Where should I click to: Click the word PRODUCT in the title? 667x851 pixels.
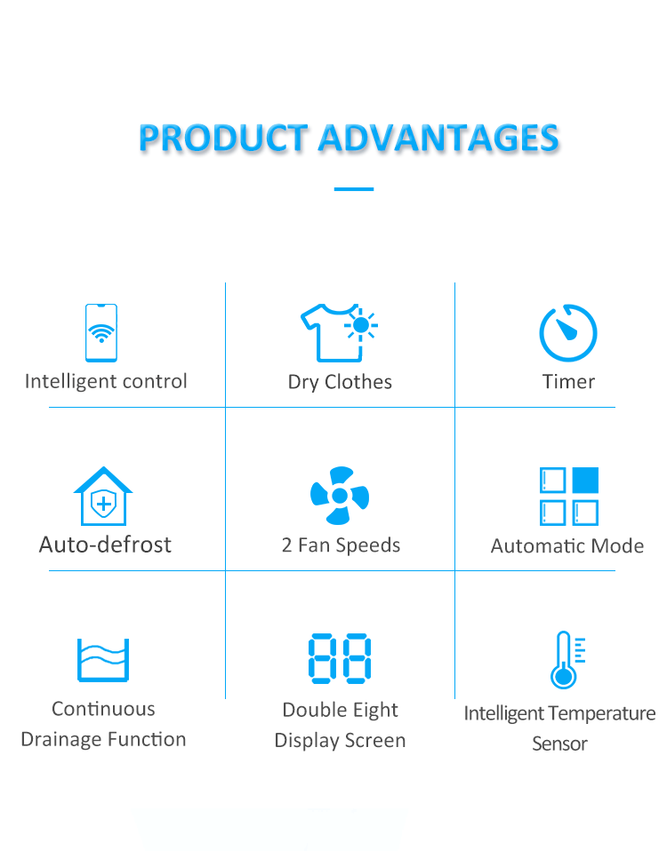pos(223,138)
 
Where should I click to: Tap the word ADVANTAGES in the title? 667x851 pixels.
pos(438,138)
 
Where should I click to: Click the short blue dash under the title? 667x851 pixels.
pos(354,189)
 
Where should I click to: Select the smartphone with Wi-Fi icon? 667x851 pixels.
pos(101,333)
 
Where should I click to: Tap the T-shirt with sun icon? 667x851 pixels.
pos(339,333)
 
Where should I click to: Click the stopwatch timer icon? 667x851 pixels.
pos(568,333)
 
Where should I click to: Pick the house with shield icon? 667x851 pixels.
pos(103,496)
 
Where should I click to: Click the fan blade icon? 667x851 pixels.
pos(340,496)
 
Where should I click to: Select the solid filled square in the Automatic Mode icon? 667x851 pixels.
pos(585,480)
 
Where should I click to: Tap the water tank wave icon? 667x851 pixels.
pos(103,660)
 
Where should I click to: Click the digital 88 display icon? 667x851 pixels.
pos(340,657)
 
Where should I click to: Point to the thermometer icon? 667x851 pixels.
pos(567,660)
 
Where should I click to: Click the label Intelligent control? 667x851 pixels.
pos(106,382)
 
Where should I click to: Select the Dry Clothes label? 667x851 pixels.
pos(340,382)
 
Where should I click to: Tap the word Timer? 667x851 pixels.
pos(568,382)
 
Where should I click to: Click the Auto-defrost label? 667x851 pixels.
pos(105,545)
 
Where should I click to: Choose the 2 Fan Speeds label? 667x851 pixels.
pos(342,545)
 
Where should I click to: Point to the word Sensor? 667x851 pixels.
pos(560,744)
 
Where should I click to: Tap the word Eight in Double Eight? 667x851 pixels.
pos(372,711)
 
